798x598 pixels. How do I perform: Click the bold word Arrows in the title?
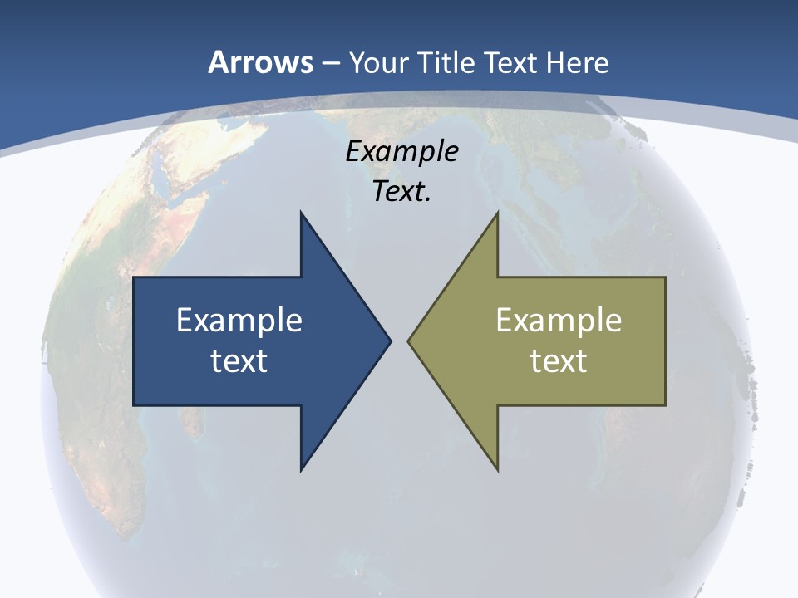point(260,62)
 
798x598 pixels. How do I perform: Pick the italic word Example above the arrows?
point(402,152)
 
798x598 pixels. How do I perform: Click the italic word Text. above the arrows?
point(402,192)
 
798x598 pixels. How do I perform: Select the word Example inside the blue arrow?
point(239,320)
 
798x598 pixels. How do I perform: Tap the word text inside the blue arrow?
point(239,360)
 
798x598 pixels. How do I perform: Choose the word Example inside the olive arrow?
point(559,320)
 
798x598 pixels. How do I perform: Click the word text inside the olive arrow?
point(559,360)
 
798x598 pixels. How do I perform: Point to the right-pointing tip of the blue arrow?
point(390,341)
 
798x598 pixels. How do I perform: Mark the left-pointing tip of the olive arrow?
point(408,341)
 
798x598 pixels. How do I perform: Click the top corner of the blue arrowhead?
point(301,213)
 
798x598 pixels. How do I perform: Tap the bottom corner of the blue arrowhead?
point(301,469)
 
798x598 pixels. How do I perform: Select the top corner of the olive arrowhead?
point(497,213)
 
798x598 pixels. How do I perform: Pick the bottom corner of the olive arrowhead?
point(497,469)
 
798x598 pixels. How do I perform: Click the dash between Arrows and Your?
point(330,63)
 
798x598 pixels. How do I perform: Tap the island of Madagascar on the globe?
point(193,419)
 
